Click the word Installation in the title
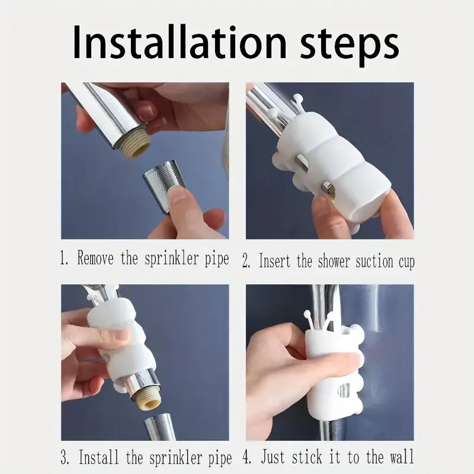(172, 43)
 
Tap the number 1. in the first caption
(65, 259)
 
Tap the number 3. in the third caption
(65, 457)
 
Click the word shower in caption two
(329, 260)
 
